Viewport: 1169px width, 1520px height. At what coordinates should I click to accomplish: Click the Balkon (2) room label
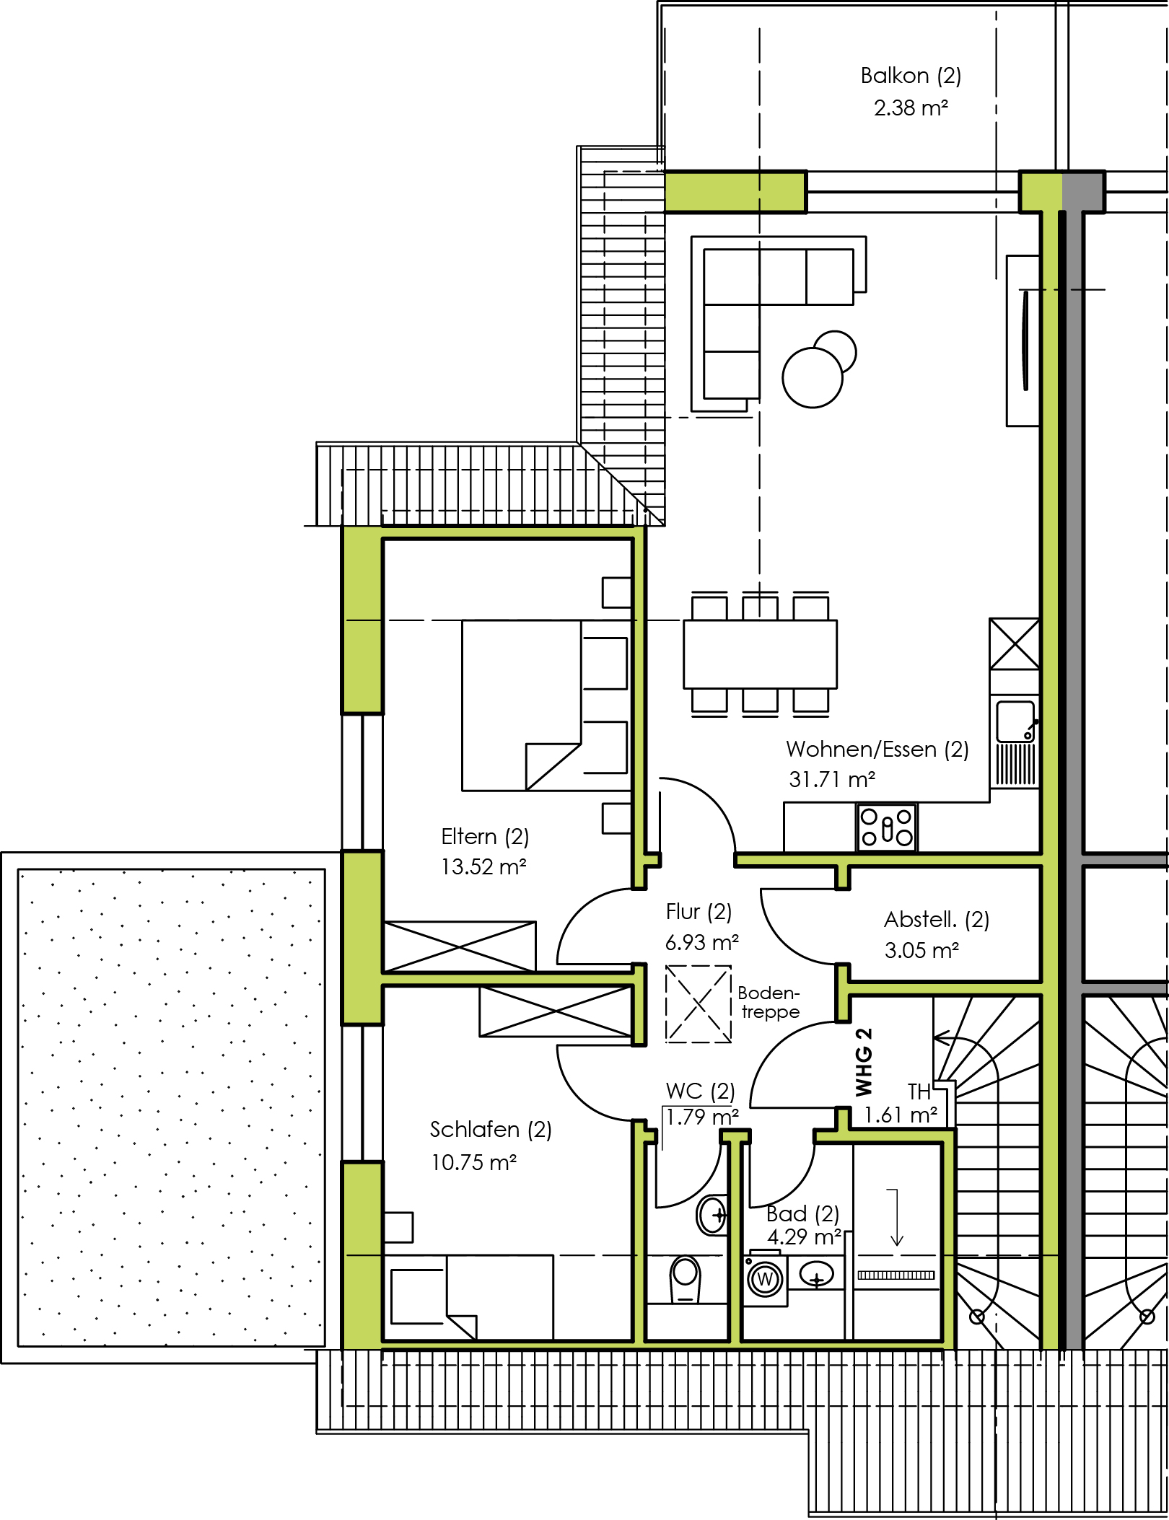[911, 76]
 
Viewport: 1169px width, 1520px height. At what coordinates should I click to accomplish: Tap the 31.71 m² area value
[832, 780]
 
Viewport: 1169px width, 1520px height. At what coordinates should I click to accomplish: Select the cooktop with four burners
[887, 827]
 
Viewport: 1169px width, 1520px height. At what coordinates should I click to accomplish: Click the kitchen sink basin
[1015, 721]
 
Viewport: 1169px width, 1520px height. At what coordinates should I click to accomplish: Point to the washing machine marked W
[766, 1279]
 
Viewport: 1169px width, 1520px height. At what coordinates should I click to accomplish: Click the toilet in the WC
[685, 1279]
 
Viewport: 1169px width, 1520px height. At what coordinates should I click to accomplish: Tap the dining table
[760, 654]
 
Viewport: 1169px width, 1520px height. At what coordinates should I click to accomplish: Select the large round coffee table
[812, 377]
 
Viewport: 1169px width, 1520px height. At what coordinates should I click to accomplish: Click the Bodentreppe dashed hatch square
[698, 1003]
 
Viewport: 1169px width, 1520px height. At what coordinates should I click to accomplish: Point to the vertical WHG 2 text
[863, 1062]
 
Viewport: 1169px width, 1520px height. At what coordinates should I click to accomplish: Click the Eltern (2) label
[485, 837]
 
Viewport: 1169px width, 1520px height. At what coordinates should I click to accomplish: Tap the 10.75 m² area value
[474, 1162]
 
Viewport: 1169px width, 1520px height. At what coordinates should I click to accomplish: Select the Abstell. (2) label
[937, 920]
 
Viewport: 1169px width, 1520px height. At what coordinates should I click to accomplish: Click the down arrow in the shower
[896, 1217]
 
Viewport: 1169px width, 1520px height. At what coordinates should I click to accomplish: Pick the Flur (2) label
[699, 912]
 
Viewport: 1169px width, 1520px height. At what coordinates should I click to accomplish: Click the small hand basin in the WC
[712, 1215]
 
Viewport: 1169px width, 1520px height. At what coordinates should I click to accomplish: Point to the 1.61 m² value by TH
[901, 1115]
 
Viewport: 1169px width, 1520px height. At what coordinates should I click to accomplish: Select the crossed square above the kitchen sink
[1015, 643]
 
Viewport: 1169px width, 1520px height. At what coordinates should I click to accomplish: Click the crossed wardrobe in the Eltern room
[460, 946]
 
